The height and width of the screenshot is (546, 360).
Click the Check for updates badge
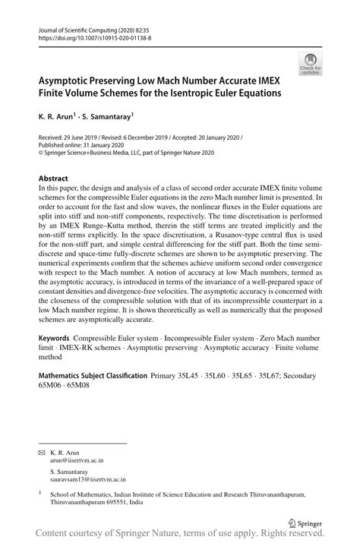point(309,63)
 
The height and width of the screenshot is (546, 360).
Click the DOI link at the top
point(93,36)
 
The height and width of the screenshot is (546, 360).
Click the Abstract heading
point(53,178)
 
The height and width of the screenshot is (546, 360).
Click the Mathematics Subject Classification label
point(93,396)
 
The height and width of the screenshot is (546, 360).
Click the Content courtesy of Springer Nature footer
point(179,537)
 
